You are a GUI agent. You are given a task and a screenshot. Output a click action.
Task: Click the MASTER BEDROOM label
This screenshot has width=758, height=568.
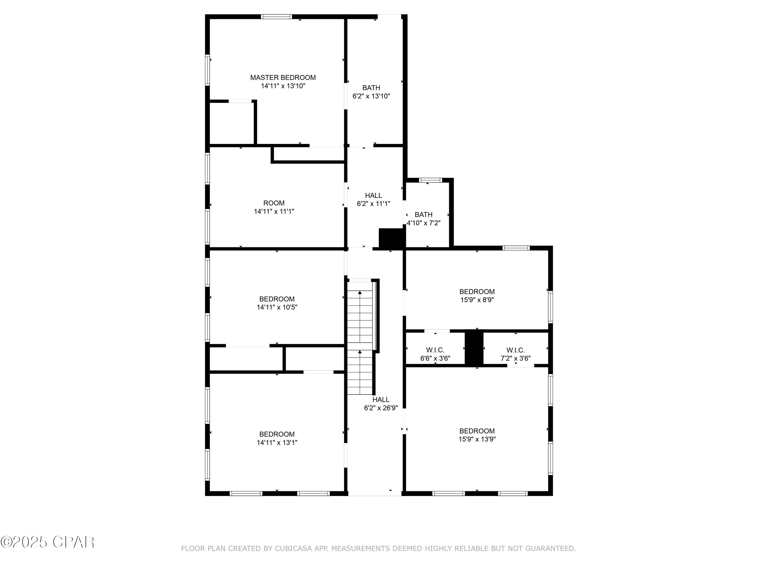(283, 78)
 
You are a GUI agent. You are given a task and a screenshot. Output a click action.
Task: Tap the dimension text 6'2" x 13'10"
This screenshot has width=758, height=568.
(371, 96)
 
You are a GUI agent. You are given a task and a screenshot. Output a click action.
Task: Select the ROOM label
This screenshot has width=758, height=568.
(274, 203)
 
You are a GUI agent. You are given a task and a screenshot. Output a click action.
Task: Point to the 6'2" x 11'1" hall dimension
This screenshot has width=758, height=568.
(373, 204)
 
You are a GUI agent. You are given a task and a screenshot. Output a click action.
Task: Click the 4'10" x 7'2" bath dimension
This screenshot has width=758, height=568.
(423, 223)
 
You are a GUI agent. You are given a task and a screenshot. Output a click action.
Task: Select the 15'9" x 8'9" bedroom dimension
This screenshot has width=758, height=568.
(477, 300)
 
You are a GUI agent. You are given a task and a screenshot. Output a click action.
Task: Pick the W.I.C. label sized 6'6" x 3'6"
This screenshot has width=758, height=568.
(435, 350)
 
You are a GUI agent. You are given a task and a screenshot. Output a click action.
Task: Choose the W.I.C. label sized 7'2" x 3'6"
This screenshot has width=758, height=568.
(515, 350)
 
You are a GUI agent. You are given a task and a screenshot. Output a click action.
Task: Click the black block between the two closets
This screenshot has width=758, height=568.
(474, 348)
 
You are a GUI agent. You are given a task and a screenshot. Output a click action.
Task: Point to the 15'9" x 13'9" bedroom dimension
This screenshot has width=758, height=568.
(477, 439)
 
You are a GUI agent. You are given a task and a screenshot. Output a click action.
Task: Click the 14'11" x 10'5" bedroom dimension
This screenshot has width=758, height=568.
(277, 307)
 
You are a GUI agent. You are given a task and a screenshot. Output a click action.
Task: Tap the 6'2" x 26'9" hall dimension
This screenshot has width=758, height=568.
(381, 408)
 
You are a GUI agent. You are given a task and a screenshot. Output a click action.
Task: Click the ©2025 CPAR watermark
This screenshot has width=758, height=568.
(48, 542)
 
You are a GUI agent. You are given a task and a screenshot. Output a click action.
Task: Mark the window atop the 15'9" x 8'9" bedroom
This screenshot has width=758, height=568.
(516, 248)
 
